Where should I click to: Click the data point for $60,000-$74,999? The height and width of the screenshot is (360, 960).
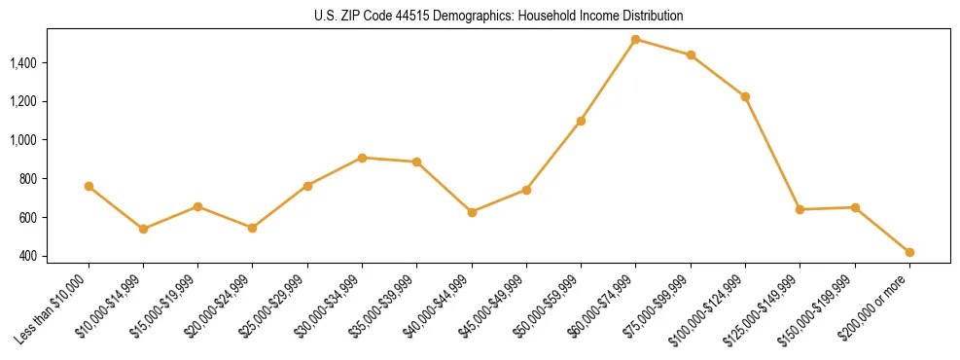(x=635, y=40)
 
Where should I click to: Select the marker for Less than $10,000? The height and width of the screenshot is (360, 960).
(x=89, y=186)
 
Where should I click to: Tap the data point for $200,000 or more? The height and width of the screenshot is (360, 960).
(x=909, y=252)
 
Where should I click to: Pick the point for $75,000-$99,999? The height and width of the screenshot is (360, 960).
(x=691, y=55)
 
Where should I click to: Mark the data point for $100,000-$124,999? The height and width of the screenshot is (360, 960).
(x=745, y=96)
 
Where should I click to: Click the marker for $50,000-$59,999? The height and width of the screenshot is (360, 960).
(x=581, y=121)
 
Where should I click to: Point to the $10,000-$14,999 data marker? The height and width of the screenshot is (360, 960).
(x=143, y=229)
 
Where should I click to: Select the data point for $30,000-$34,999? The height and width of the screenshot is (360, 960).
(x=362, y=158)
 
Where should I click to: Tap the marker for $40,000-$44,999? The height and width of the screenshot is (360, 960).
(x=472, y=212)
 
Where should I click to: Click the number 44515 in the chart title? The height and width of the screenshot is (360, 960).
(x=432, y=17)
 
